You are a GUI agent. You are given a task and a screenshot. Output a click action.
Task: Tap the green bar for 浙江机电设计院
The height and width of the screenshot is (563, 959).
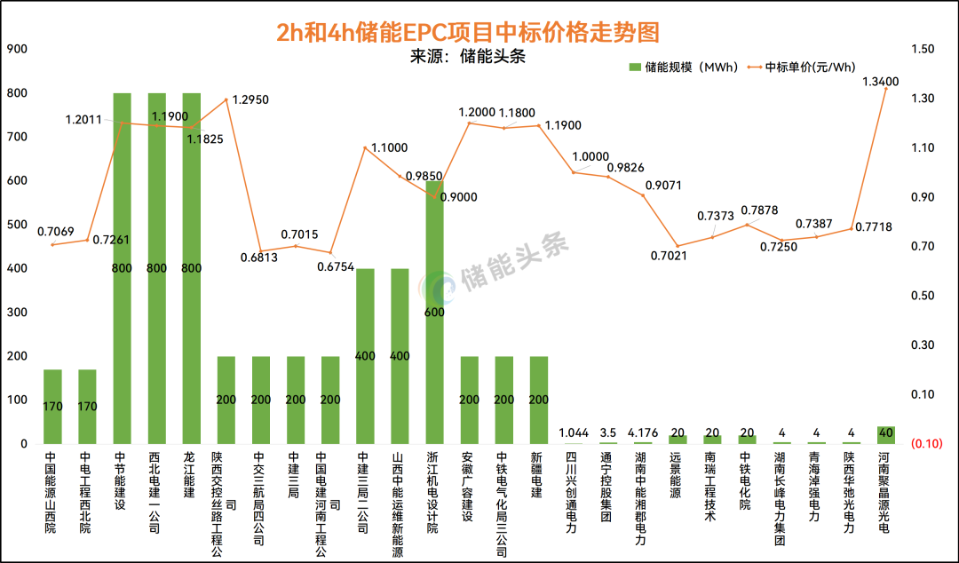tap(434, 311)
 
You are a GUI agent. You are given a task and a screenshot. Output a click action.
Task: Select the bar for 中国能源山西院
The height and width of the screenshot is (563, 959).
tap(52, 407)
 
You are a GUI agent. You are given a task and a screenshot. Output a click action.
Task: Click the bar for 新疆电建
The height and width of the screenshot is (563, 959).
tap(538, 400)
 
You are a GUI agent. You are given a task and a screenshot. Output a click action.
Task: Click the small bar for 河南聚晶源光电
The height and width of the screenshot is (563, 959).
tap(885, 434)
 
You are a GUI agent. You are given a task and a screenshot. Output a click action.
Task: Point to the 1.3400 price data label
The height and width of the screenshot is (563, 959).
tap(880, 82)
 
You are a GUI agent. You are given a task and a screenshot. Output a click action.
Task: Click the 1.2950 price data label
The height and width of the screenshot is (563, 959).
tap(250, 99)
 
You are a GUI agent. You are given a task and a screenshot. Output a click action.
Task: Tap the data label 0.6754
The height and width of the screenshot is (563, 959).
tap(336, 265)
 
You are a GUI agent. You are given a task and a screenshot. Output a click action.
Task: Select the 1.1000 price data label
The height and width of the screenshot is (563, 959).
tap(389, 147)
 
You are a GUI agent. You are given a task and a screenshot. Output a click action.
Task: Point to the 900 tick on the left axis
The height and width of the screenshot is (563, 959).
tap(17, 49)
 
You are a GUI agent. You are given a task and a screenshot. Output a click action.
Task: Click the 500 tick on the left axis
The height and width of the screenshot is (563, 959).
tap(17, 225)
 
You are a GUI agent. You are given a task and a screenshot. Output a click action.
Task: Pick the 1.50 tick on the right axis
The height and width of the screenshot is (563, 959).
tap(923, 49)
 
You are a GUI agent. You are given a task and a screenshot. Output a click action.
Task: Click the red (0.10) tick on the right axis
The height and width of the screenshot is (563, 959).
tap(923, 443)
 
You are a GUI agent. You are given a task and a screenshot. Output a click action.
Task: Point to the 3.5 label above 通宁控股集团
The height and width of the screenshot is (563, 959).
tap(607, 432)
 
